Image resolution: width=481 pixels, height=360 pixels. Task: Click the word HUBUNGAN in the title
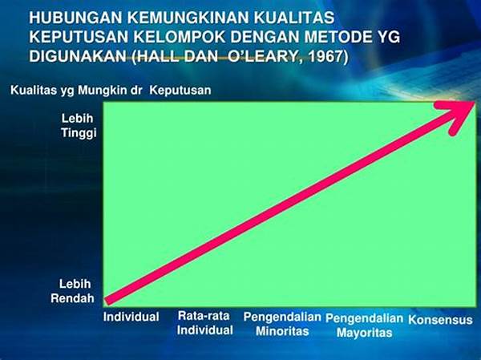76,18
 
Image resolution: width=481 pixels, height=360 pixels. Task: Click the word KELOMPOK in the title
180,37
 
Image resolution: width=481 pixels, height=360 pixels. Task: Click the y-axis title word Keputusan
180,91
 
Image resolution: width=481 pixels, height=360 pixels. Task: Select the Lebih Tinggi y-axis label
79,126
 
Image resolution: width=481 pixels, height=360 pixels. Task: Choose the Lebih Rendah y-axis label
73,291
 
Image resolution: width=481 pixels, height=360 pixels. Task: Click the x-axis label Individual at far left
131,317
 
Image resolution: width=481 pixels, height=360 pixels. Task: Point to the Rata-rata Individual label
204,323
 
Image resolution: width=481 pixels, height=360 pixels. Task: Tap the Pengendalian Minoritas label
282,324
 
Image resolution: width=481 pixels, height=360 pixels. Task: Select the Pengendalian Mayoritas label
364,326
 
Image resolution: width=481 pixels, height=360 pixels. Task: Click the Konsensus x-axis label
440,320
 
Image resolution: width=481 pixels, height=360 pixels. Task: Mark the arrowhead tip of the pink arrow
475,103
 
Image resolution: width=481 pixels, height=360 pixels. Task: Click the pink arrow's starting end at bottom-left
107,301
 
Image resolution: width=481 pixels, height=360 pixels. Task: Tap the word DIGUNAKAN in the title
78,56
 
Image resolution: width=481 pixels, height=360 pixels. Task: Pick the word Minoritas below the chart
282,331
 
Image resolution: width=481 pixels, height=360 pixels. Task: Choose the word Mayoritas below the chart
364,333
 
